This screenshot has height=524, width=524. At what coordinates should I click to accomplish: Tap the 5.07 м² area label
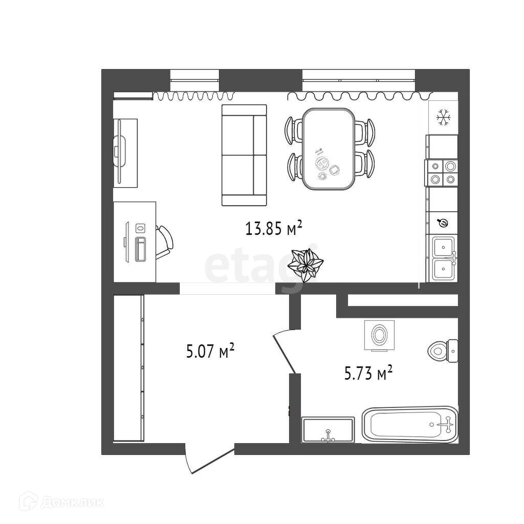[x=210, y=352]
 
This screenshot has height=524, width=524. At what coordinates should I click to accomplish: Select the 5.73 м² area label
[x=368, y=374]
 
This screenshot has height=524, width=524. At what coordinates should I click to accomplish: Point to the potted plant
[x=305, y=264]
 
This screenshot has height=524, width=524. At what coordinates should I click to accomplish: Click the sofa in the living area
[x=244, y=155]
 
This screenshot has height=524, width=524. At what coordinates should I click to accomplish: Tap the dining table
[x=328, y=149]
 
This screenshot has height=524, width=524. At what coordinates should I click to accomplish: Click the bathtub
[x=409, y=424]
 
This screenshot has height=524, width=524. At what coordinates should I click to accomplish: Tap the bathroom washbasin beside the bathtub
[x=328, y=430]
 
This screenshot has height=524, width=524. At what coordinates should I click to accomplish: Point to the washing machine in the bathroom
[x=379, y=335]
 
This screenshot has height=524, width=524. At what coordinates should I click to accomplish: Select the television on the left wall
[x=120, y=152]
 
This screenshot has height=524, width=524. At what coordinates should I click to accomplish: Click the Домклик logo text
[x=72, y=503]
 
